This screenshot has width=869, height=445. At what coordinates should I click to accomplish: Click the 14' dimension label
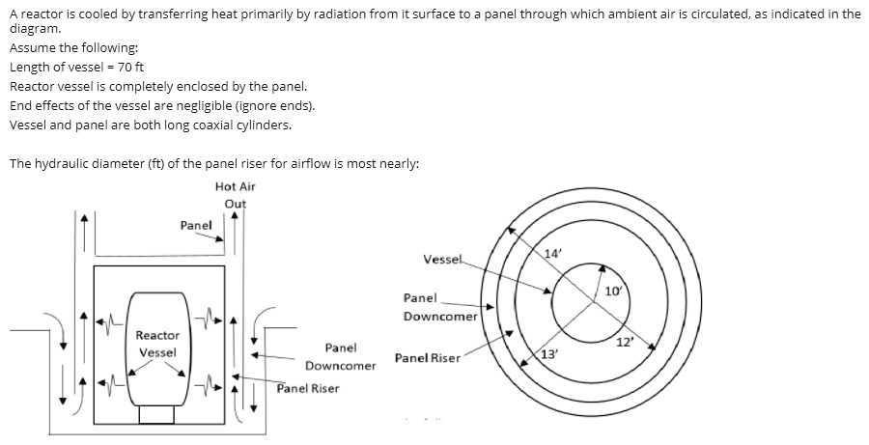[x=552, y=254]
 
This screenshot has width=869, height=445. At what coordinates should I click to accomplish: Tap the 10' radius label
[x=613, y=291]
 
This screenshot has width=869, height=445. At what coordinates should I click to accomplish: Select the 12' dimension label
[x=625, y=342]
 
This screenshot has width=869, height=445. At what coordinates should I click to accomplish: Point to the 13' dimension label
[x=548, y=354]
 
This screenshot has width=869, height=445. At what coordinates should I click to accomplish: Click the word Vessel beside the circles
[x=441, y=260]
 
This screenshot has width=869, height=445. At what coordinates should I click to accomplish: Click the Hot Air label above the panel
[x=235, y=186]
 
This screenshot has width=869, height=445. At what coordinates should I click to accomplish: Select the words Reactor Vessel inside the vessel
[x=157, y=344]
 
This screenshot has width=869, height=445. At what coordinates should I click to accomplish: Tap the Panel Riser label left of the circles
[x=428, y=358]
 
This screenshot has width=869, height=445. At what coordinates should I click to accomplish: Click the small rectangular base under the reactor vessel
[x=156, y=415]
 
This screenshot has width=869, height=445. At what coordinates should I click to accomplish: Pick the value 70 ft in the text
[x=130, y=67]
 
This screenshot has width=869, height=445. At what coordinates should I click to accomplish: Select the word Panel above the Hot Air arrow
[x=196, y=226]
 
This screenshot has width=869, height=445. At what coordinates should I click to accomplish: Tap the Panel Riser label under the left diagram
[x=308, y=388]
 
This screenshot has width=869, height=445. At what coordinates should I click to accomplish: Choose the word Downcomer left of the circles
[x=440, y=317]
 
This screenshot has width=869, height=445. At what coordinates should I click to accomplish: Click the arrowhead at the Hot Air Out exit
[x=235, y=216]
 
